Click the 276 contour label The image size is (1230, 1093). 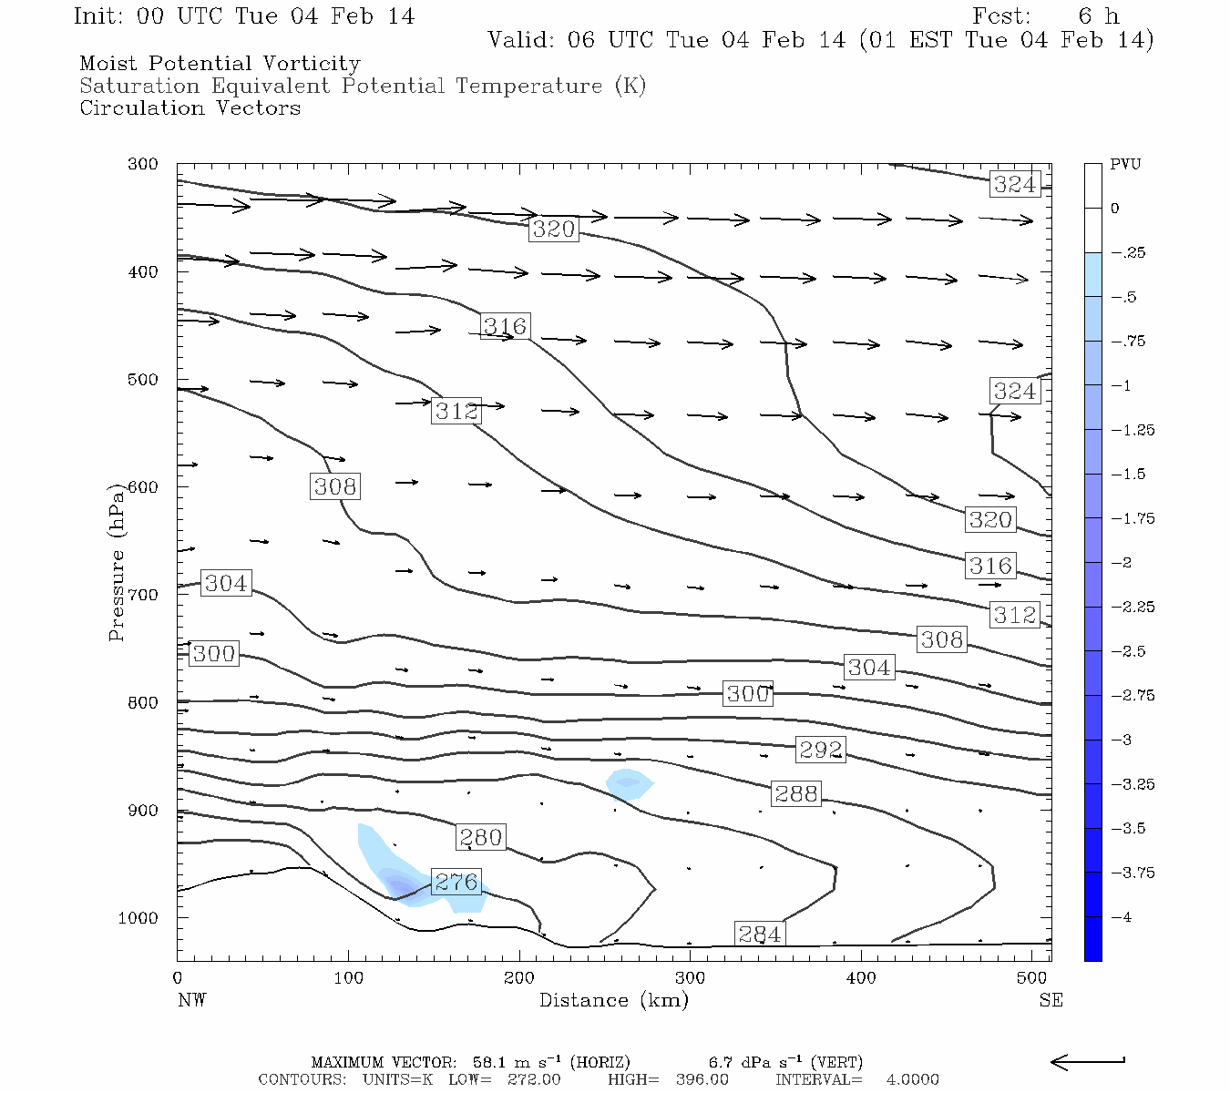click(x=456, y=882)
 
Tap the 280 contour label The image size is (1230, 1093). click(x=480, y=837)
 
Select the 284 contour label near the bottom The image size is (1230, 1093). click(x=759, y=934)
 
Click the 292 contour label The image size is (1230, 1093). click(x=821, y=750)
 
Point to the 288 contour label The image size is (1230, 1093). click(x=795, y=793)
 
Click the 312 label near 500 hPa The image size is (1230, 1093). click(x=456, y=411)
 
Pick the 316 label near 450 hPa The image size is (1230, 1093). click(x=505, y=326)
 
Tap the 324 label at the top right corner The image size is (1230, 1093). click(x=1014, y=184)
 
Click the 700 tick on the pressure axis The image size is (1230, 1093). click(x=142, y=595)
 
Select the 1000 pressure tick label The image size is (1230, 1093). click(x=138, y=918)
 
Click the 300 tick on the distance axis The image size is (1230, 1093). click(x=690, y=978)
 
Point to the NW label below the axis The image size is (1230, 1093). click(x=191, y=1000)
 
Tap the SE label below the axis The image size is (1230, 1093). click(x=1051, y=1000)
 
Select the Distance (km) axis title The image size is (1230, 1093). click(x=613, y=1000)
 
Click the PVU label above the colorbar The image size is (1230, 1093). click(x=1125, y=164)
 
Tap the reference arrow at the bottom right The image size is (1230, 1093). click(x=1088, y=1061)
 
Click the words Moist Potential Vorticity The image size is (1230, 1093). click(x=220, y=64)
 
